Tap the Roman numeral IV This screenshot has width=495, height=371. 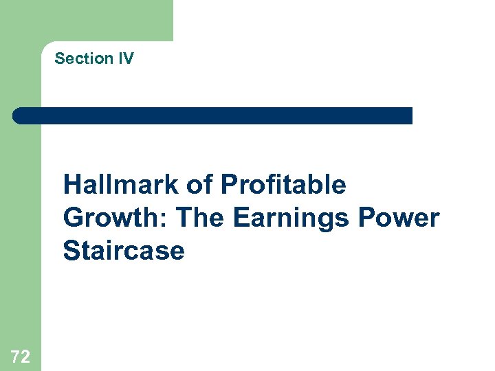point(126,58)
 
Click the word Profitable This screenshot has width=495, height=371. point(283,185)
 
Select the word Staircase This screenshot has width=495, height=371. point(124,251)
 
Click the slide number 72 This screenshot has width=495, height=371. point(21,356)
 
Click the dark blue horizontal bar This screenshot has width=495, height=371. point(213,115)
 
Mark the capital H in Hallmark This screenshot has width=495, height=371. point(71,185)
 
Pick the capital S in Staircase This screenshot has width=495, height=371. point(71,251)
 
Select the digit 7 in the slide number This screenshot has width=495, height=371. point(16,356)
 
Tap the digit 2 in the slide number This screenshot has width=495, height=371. point(25,356)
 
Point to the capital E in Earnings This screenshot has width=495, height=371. point(241,218)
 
